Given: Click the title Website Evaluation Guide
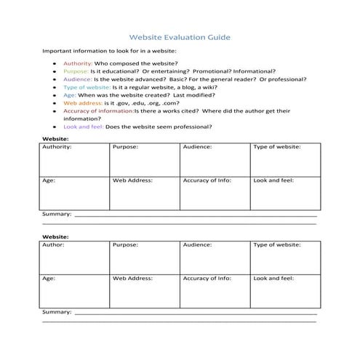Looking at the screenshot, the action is [x=180, y=34].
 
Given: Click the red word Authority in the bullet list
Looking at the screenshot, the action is [x=78, y=64].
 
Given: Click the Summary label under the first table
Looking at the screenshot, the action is [x=57, y=215].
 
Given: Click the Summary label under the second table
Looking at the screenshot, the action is [x=57, y=311].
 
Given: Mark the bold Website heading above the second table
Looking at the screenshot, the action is [x=55, y=236].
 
